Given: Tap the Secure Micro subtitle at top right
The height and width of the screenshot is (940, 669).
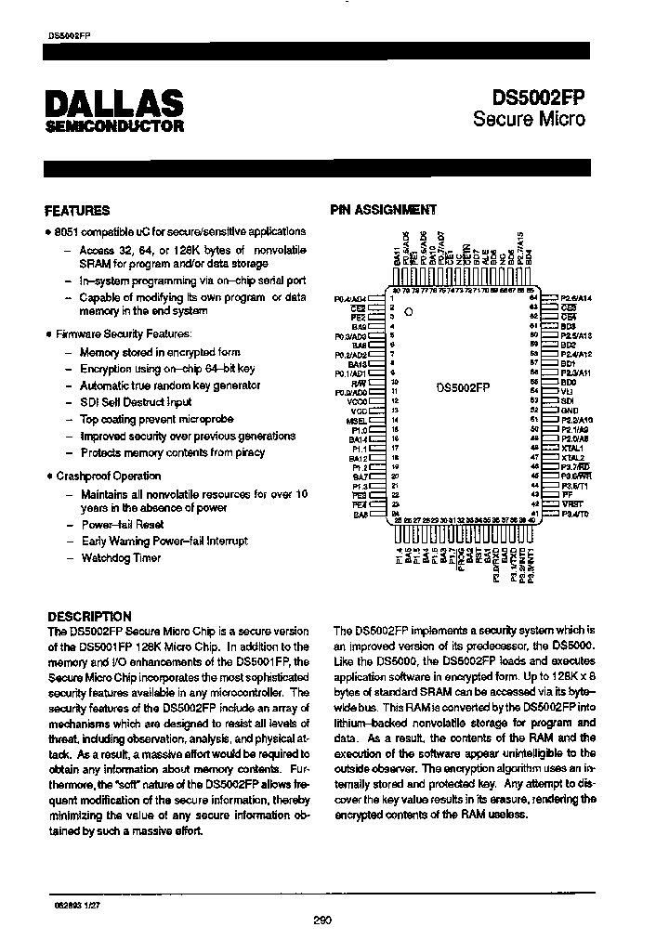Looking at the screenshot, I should pos(529,119).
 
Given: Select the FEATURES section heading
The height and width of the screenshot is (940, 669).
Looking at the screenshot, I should pos(77,211).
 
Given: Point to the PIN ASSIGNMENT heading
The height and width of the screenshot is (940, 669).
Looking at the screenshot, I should pos(383,210).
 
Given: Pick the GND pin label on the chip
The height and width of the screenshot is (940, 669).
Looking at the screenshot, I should pos(570,410).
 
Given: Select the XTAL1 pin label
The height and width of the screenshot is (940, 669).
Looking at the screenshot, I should pos(572,448).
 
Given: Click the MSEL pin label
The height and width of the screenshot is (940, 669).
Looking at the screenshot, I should pos(355,420).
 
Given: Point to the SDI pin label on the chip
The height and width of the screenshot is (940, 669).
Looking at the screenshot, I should pos(567,400).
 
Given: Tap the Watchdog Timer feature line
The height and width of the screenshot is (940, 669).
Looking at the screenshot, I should pos(121,558).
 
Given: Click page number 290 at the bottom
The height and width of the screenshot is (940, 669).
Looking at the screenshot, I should pos(322,920).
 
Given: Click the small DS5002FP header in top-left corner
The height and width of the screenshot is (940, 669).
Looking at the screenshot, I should pos(69,34).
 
